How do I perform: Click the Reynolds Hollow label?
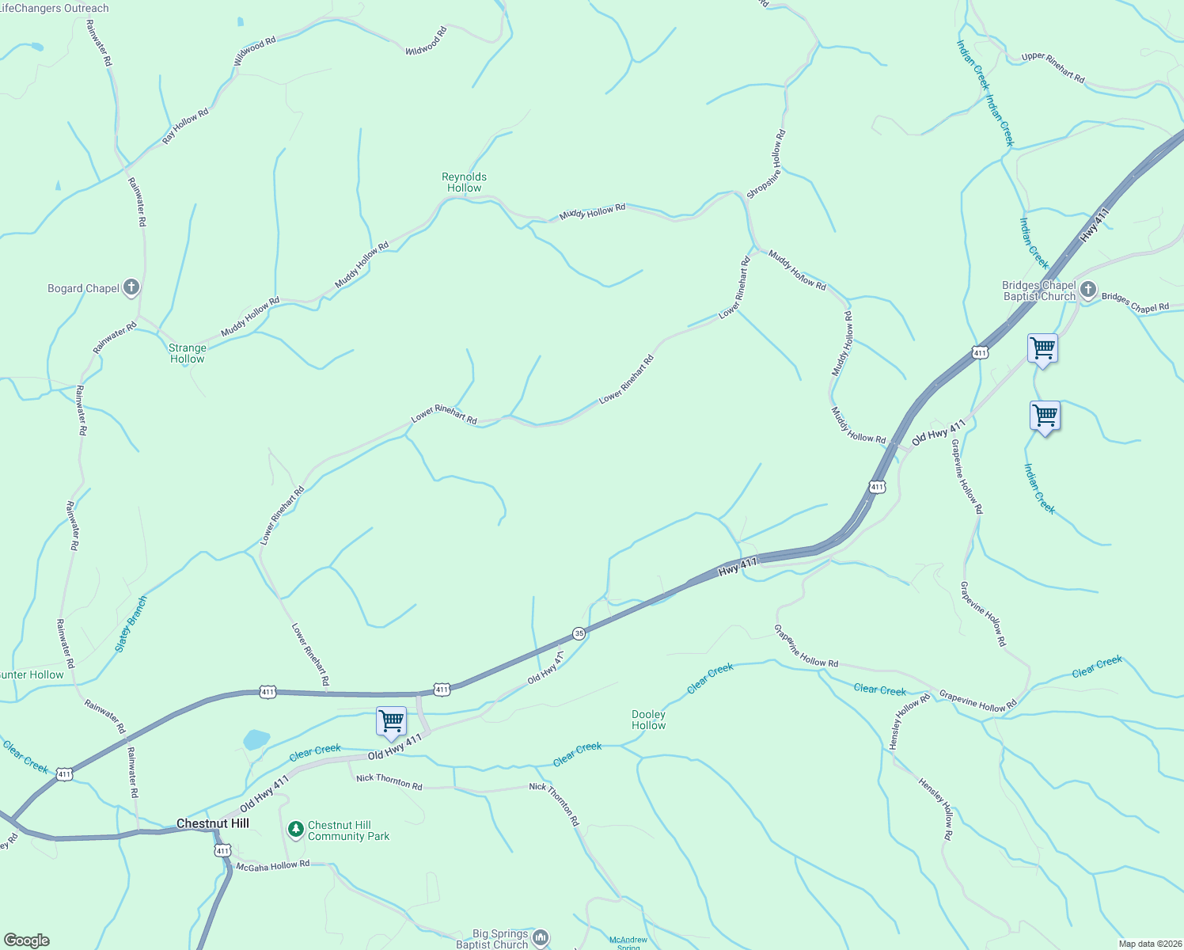(464, 182)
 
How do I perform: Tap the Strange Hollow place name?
(188, 353)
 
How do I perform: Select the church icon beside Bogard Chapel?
(131, 287)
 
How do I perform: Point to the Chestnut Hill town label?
(213, 823)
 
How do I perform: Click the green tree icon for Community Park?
(296, 829)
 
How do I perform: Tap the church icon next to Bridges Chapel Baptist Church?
(1088, 290)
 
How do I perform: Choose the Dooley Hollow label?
(649, 720)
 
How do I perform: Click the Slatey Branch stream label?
(131, 624)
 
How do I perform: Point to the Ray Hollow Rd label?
(185, 125)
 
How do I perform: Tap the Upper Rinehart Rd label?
(1053, 67)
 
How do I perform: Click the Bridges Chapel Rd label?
(1135, 302)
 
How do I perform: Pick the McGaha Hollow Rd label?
(273, 866)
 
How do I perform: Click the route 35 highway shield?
(579, 633)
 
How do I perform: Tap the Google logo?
(27, 940)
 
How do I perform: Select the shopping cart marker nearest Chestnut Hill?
(391, 721)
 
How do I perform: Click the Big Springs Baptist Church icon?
(541, 937)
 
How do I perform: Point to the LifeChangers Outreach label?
(55, 8)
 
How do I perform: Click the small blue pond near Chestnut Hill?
(256, 739)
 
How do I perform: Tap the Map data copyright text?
(1150, 944)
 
